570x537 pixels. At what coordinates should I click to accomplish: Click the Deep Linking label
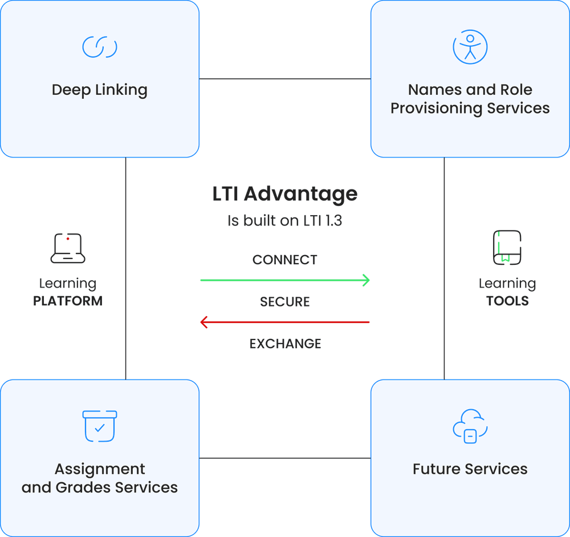click(x=100, y=90)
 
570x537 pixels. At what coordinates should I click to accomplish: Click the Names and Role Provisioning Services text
click(x=470, y=99)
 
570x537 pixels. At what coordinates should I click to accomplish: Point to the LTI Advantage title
click(x=284, y=194)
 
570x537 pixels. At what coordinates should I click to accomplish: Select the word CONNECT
click(x=284, y=260)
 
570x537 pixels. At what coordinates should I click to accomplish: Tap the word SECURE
click(x=284, y=301)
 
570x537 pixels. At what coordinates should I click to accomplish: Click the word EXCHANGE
click(x=285, y=344)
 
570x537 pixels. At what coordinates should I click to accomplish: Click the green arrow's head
click(x=366, y=280)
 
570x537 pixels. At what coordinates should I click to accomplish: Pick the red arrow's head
click(x=203, y=323)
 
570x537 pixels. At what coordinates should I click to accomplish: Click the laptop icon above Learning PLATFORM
click(x=68, y=248)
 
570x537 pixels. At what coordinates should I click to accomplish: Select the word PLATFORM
click(x=68, y=301)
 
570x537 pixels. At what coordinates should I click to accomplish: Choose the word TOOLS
click(x=507, y=301)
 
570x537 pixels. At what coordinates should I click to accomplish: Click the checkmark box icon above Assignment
click(x=100, y=426)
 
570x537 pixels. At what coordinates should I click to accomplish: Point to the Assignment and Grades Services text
click(x=100, y=478)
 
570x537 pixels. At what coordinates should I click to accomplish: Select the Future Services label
click(x=470, y=469)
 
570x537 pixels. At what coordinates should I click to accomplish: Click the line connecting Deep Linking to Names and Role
click(x=285, y=79)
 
